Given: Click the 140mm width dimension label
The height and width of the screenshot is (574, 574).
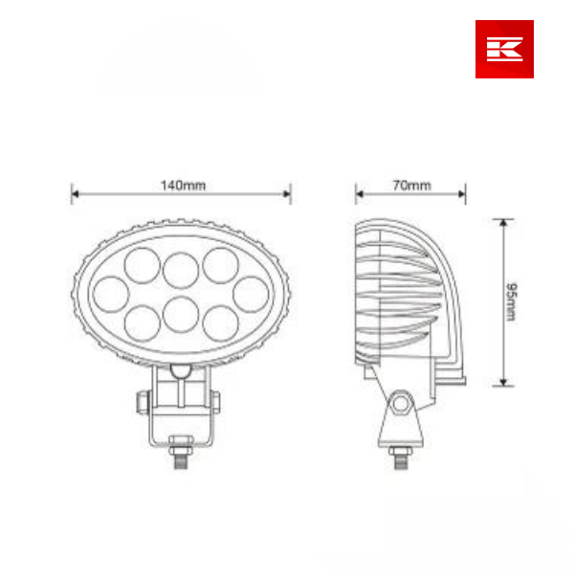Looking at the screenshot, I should [182, 185].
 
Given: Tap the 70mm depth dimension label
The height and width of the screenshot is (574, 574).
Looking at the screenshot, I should [412, 185].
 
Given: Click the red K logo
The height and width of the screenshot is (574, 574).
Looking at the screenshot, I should [504, 49].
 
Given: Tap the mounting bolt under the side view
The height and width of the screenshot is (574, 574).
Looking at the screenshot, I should [401, 456].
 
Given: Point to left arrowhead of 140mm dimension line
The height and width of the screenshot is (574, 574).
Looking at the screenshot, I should [75, 194].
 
